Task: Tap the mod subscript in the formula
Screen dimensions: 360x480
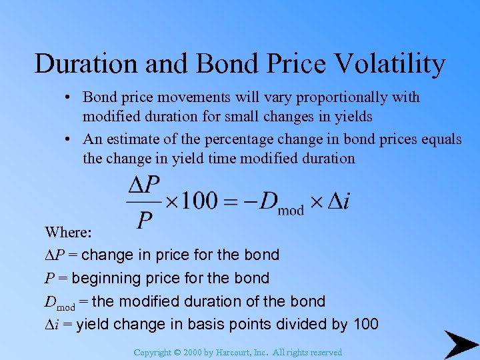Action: coord(291,211)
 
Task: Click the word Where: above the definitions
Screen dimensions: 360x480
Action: coord(68,232)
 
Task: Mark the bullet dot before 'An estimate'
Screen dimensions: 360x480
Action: coord(69,139)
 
